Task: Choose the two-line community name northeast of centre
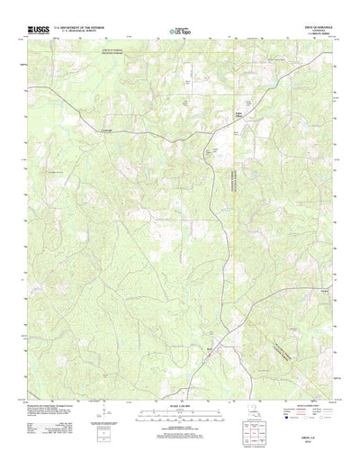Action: click(238, 114)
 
